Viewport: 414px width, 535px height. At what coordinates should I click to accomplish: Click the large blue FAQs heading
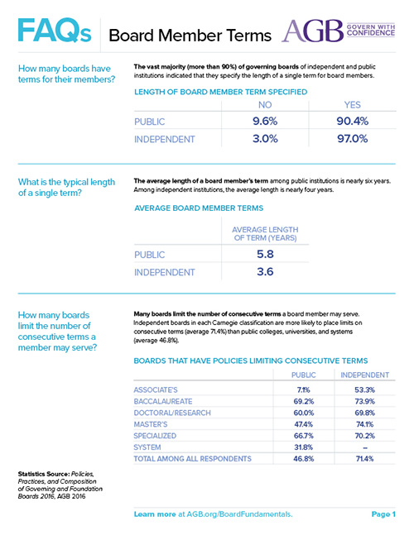point(55,31)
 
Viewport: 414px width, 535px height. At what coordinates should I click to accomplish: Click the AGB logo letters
point(312,31)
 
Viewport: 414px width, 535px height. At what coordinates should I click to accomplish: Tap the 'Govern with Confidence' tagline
point(371,30)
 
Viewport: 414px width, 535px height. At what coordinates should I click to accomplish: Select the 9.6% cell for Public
point(265,121)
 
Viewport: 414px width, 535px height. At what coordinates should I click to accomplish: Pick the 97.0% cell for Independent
point(353,139)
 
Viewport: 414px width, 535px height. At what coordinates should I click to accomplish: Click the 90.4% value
point(353,121)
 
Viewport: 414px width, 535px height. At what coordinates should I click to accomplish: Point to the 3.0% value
point(265,139)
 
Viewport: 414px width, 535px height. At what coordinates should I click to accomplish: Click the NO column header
point(265,105)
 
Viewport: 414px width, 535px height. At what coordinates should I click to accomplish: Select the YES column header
point(353,105)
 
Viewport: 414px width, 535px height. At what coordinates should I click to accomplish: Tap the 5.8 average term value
point(266,254)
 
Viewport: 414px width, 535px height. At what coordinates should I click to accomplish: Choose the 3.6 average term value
point(266,272)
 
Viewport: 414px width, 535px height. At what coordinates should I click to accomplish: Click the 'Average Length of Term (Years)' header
point(266,234)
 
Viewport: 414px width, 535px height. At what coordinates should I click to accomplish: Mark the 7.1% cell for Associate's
point(303,390)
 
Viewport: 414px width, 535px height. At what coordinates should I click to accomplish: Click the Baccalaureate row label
point(163,402)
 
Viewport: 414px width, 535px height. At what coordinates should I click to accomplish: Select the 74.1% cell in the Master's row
point(364,424)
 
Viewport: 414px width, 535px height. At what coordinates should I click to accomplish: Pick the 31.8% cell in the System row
point(303,447)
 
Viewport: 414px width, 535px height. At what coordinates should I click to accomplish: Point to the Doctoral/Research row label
point(172,413)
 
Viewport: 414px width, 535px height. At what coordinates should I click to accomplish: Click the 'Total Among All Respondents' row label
point(193,459)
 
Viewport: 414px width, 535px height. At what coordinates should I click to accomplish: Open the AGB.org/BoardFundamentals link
point(239,514)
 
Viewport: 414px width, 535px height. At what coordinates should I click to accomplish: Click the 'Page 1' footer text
point(383,514)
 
